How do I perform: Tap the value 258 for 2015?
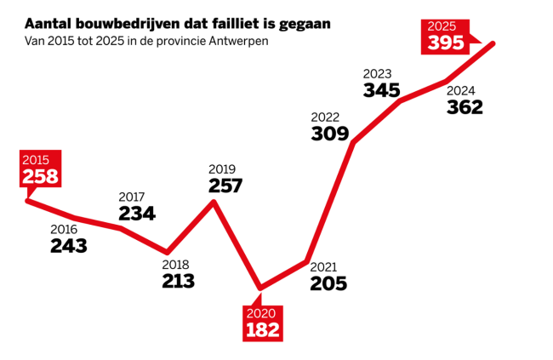40,176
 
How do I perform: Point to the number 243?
69,246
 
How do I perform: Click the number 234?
137,214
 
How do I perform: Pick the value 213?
179,281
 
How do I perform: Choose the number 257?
225,186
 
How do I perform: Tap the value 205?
328,284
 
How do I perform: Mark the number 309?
330,134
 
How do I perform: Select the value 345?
381,89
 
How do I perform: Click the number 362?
465,107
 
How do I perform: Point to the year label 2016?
64,229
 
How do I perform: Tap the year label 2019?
221,169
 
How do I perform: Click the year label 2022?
326,117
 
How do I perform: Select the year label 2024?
460,90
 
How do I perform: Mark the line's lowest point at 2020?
260,288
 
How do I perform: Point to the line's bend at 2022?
353,142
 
